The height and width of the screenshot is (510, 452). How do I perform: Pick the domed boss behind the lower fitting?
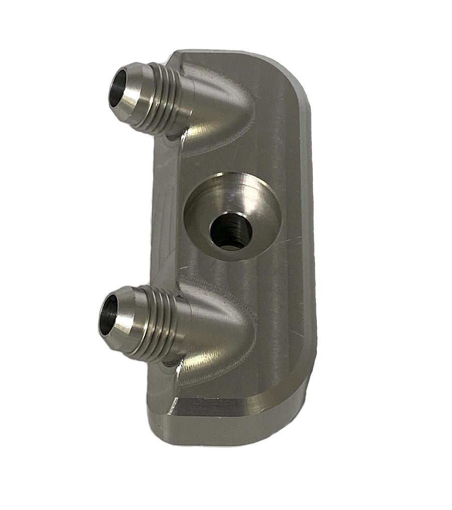[x=216, y=341]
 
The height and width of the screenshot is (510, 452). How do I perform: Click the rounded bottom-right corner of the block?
[x=296, y=402]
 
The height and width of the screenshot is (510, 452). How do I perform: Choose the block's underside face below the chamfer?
[x=226, y=432]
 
